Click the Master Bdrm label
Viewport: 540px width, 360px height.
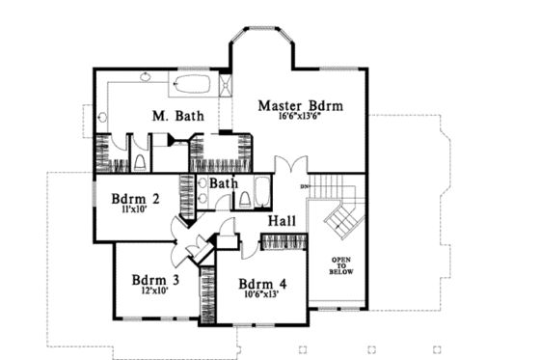301,104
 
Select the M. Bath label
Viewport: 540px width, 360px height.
176,117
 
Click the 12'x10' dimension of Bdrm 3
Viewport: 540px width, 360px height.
152,292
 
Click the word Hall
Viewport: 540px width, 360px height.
282,222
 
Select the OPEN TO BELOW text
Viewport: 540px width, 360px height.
341,266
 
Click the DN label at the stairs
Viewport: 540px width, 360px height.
305,185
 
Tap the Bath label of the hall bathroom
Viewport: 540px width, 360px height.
224,183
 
